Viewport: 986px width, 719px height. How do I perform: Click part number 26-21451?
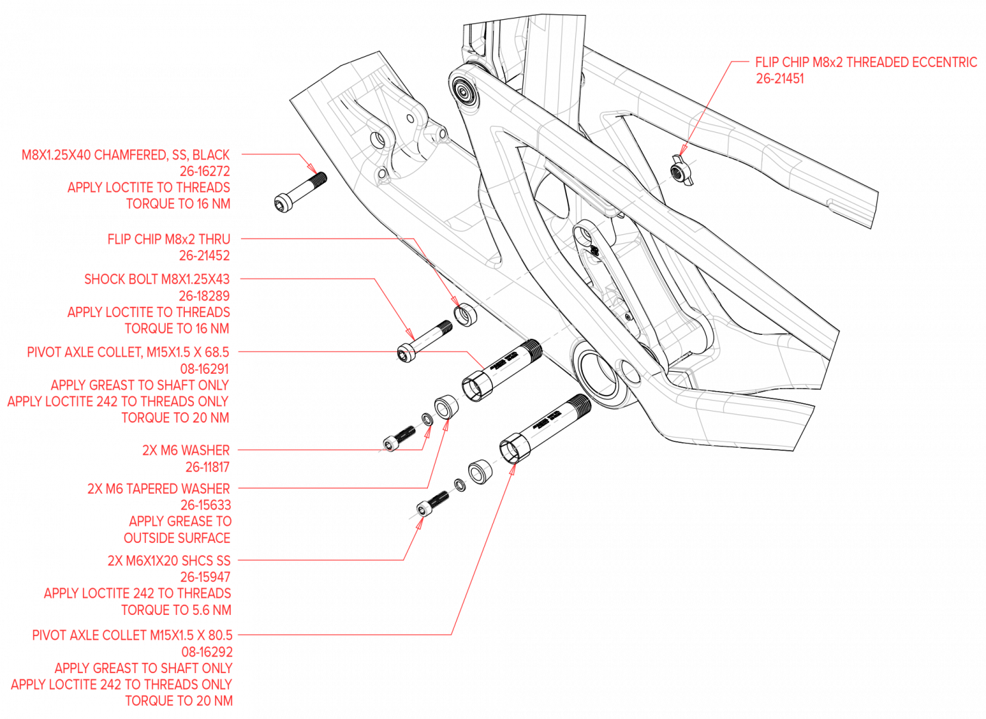click(x=779, y=79)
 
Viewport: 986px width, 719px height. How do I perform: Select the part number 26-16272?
click(x=205, y=171)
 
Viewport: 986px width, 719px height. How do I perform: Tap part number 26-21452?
click(x=205, y=256)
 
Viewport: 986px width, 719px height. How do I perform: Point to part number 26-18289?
click(x=204, y=296)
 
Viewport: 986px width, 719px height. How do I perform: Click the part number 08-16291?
click(x=205, y=368)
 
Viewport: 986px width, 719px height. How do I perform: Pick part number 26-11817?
click(x=207, y=467)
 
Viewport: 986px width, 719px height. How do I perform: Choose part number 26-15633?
click(x=205, y=505)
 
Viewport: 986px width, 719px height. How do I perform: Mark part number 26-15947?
click(x=205, y=577)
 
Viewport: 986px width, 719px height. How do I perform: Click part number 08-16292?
click(x=207, y=652)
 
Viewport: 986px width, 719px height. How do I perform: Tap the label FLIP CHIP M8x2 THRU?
click(x=168, y=239)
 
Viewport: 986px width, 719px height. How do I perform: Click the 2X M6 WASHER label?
click(x=186, y=450)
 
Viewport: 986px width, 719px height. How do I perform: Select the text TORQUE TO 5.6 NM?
click(x=176, y=609)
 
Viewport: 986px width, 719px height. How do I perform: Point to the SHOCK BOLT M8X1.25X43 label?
click(x=157, y=279)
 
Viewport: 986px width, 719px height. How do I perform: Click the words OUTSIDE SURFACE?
click(x=177, y=538)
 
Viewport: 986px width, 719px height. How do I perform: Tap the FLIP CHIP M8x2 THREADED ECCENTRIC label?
click(x=866, y=62)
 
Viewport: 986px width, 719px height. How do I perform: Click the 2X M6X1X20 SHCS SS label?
click(x=168, y=560)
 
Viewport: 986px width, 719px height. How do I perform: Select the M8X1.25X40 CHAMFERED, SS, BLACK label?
click(x=125, y=155)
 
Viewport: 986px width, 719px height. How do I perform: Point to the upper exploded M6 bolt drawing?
click(x=400, y=439)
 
